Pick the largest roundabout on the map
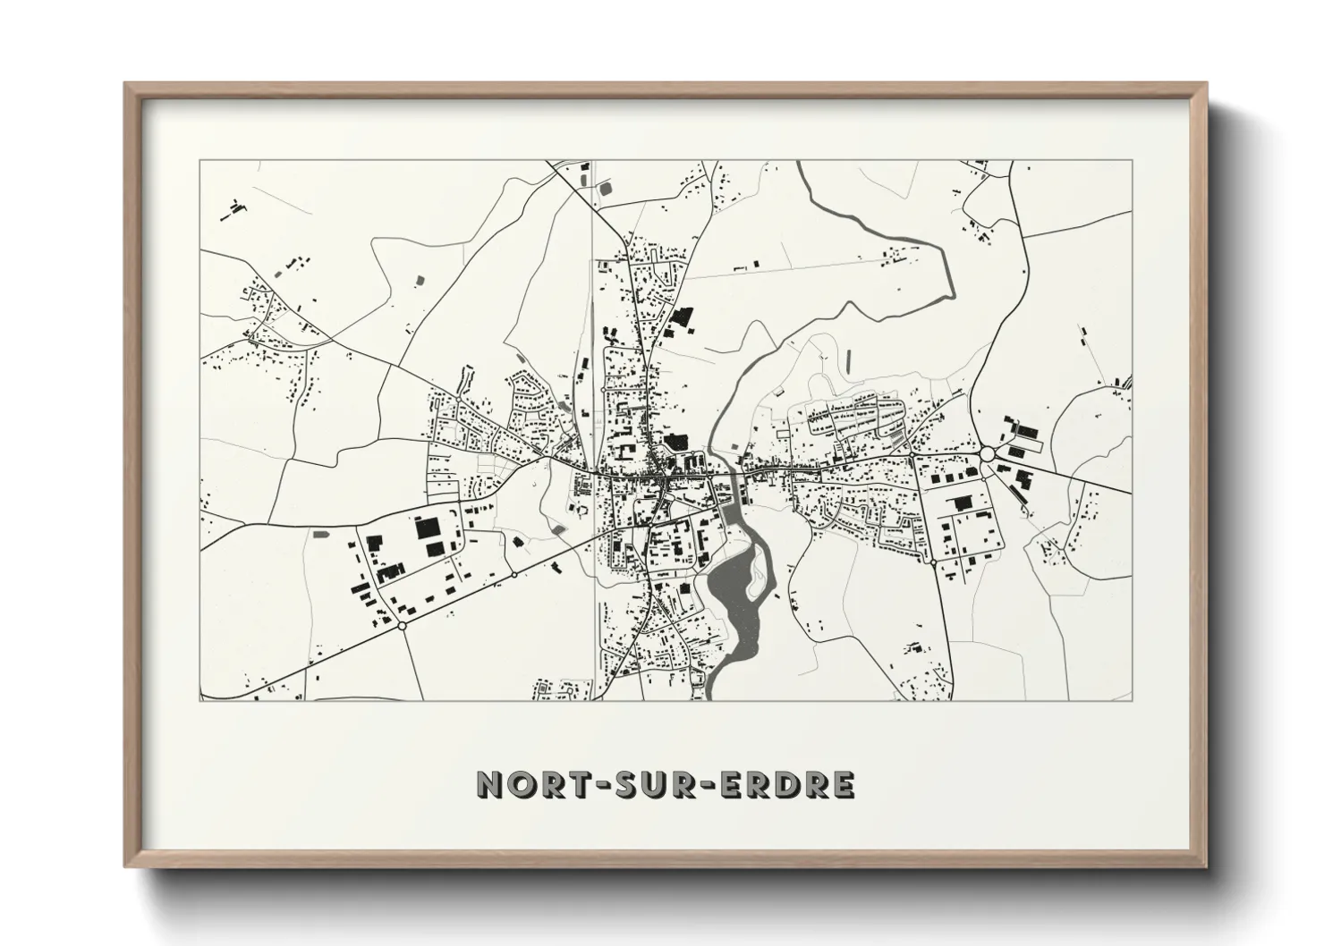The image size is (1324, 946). [x=987, y=455]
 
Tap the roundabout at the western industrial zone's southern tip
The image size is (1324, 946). [x=402, y=627]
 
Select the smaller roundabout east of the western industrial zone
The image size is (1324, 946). [x=514, y=575]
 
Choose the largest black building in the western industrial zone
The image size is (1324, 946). [x=429, y=527]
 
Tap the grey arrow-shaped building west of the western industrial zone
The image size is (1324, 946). [x=319, y=534]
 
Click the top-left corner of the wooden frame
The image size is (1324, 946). [x=126, y=84]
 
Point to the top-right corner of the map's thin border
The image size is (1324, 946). [x=1132, y=161]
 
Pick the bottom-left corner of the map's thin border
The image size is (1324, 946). [x=200, y=700]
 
